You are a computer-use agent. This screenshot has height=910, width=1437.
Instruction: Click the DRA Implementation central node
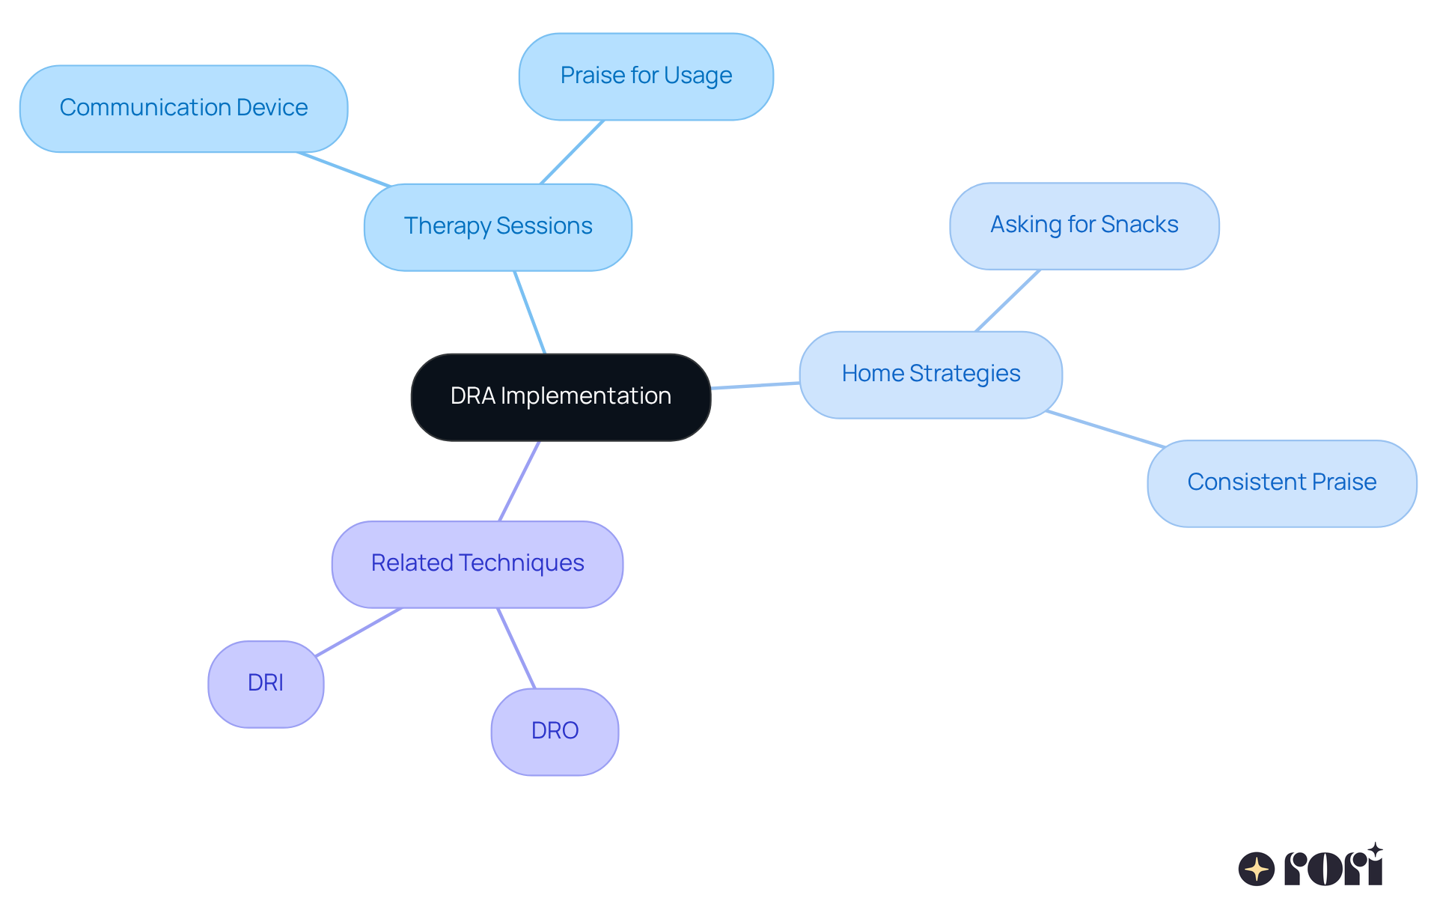tap(561, 397)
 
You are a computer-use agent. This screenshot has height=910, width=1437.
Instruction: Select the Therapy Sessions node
tap(498, 227)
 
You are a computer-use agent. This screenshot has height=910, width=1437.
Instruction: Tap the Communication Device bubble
tap(183, 109)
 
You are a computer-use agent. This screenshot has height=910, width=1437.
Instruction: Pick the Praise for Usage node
tap(646, 76)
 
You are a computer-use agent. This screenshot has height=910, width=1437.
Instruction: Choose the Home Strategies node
tap(930, 374)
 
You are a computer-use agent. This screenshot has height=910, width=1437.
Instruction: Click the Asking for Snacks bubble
tap(1084, 225)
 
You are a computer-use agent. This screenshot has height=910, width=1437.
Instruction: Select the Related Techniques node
tap(478, 564)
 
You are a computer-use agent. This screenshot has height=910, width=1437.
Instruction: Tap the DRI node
tap(266, 684)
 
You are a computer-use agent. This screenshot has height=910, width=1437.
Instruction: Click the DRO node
tap(555, 732)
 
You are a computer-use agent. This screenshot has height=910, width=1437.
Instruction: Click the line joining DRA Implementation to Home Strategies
tap(755, 386)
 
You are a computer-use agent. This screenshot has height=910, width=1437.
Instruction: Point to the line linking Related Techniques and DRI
tap(359, 632)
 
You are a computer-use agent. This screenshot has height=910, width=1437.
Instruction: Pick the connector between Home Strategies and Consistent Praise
tap(1105, 429)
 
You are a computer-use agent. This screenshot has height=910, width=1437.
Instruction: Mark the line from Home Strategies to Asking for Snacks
tap(1008, 300)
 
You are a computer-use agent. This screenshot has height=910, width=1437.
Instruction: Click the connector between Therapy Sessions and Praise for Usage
tap(572, 152)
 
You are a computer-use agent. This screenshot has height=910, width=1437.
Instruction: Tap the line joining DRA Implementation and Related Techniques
tap(519, 481)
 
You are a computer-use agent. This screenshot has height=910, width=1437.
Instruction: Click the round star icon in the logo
tap(1257, 869)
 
